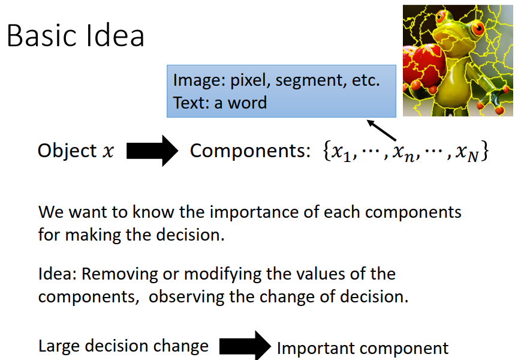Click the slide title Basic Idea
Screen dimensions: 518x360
click(x=76, y=36)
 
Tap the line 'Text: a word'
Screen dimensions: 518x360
click(x=220, y=103)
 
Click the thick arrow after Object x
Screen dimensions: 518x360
click(x=152, y=151)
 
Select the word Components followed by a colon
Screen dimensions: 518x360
click(x=249, y=151)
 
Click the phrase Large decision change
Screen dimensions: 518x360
click(x=124, y=346)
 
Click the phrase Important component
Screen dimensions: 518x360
click(x=363, y=348)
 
